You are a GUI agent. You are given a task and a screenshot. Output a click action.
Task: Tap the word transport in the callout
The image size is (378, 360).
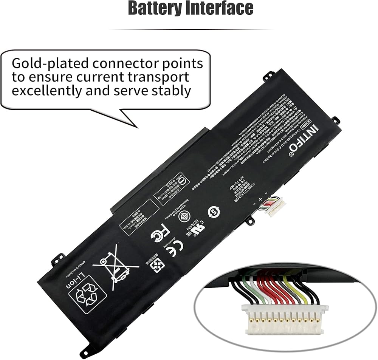click(159, 77)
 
